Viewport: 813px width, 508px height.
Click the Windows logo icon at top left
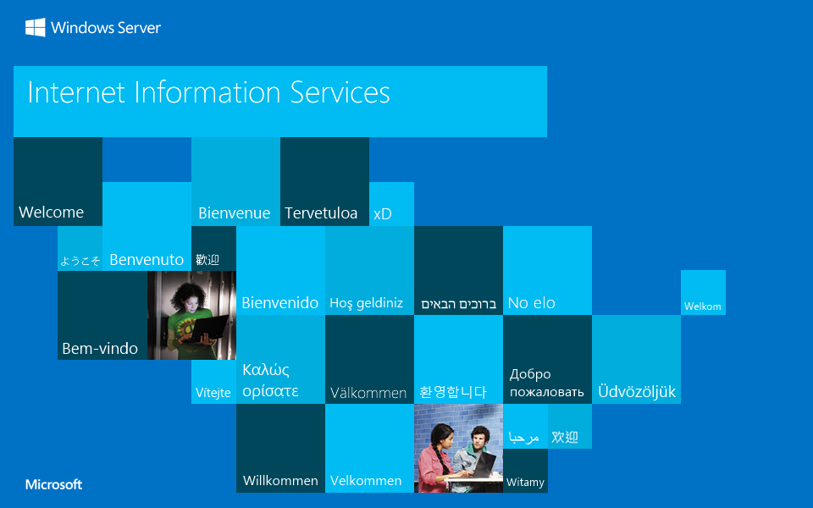click(x=36, y=28)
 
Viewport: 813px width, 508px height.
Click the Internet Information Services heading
click(x=208, y=92)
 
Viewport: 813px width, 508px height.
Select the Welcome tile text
click(x=52, y=213)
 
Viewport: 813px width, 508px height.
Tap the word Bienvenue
click(x=234, y=213)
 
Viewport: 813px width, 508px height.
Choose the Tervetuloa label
click(x=321, y=213)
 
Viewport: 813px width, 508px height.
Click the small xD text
click(x=383, y=214)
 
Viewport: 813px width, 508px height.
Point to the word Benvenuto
click(x=147, y=260)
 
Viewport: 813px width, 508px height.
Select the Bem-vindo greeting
click(x=100, y=348)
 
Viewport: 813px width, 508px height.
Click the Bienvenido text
click(x=280, y=302)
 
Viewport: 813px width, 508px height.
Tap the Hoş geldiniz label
click(x=366, y=303)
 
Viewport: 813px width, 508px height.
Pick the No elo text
click(x=532, y=302)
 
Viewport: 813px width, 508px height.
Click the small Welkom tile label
click(x=703, y=306)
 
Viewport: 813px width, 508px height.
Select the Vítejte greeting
click(x=213, y=393)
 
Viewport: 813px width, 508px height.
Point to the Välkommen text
click(x=368, y=393)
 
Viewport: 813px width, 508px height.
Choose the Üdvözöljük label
click(x=637, y=392)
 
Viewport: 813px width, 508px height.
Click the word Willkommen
click(x=280, y=481)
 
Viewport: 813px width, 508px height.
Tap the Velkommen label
click(x=366, y=481)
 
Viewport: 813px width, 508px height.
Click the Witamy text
click(x=525, y=483)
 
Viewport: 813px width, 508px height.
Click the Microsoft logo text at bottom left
click(x=54, y=484)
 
